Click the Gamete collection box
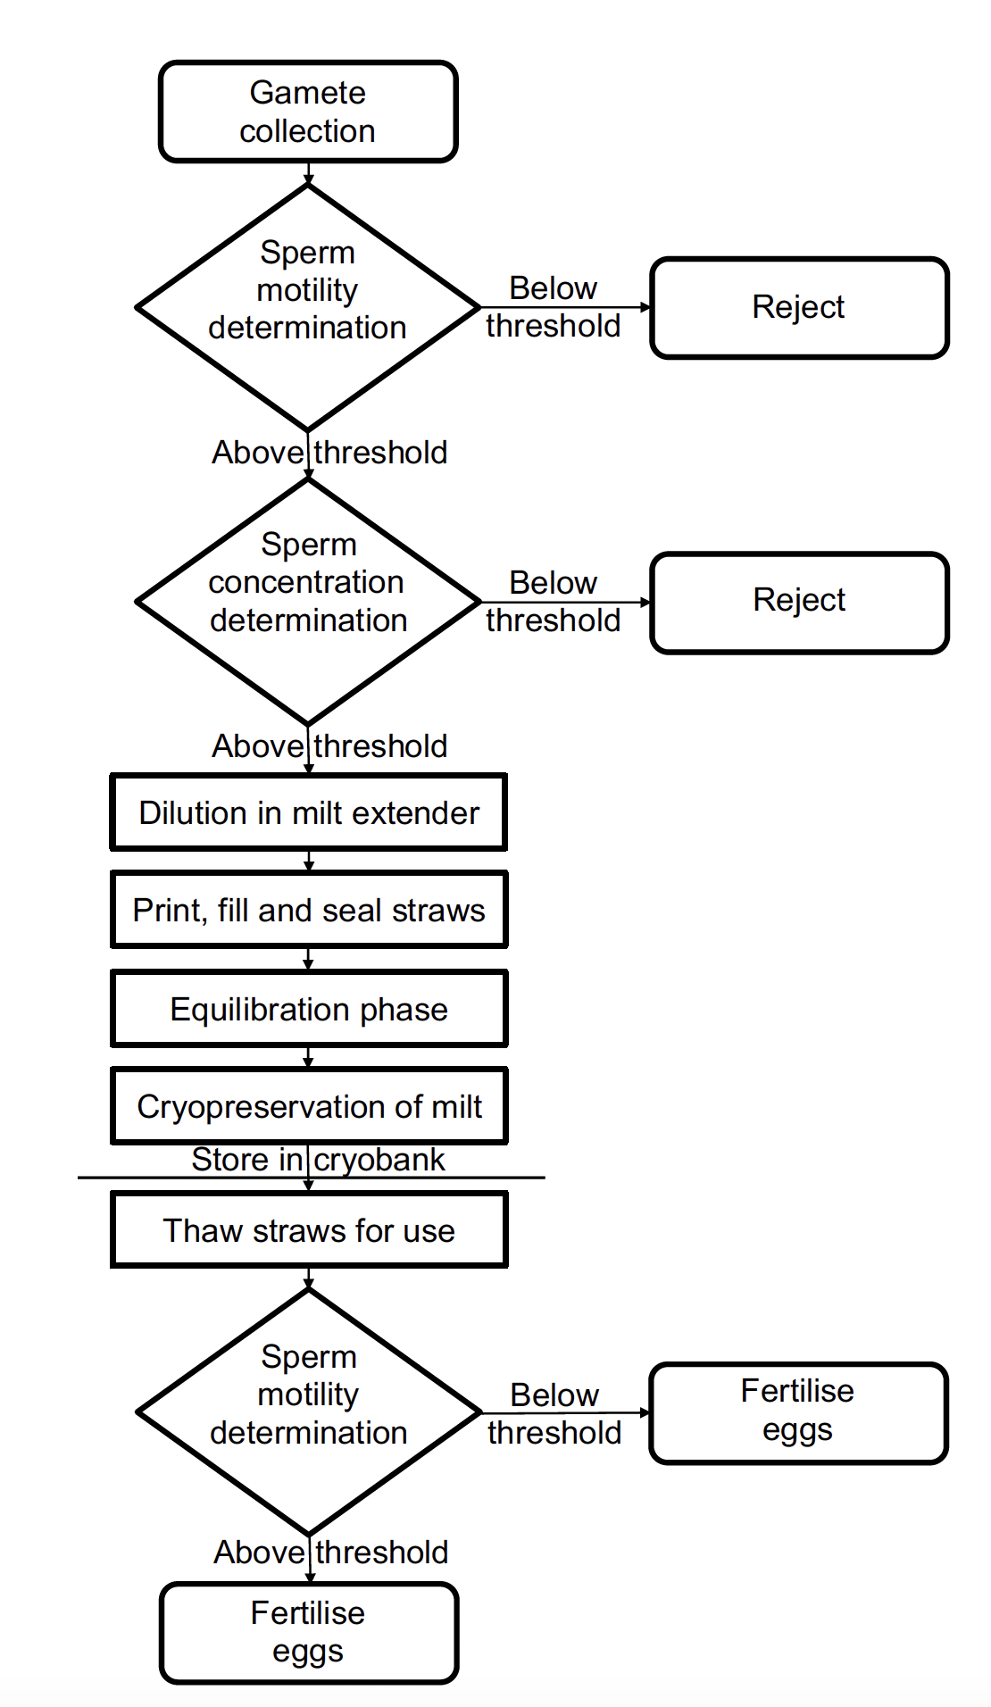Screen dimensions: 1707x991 tap(308, 112)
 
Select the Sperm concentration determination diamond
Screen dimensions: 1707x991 tap(308, 601)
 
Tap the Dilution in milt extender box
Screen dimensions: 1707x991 tap(308, 812)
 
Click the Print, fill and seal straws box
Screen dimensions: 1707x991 tap(308, 910)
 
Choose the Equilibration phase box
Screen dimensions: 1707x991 tap(308, 1009)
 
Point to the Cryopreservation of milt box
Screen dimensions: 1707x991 tap(308, 1106)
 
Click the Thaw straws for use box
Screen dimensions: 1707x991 tap(308, 1230)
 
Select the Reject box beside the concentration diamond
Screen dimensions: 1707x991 tap(799, 601)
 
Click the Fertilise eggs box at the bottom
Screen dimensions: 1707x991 tap(308, 1632)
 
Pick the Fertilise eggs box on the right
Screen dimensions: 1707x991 tap(797, 1411)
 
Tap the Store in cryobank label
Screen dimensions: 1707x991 tap(318, 1160)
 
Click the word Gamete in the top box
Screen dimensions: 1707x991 tap(307, 93)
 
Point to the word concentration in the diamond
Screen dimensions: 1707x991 tap(306, 582)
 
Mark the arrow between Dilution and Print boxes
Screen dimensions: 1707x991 tap(309, 862)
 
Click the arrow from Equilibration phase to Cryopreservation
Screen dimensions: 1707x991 tap(309, 1058)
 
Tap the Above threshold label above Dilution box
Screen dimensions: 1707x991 tap(329, 746)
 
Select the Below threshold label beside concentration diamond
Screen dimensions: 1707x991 tap(553, 601)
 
